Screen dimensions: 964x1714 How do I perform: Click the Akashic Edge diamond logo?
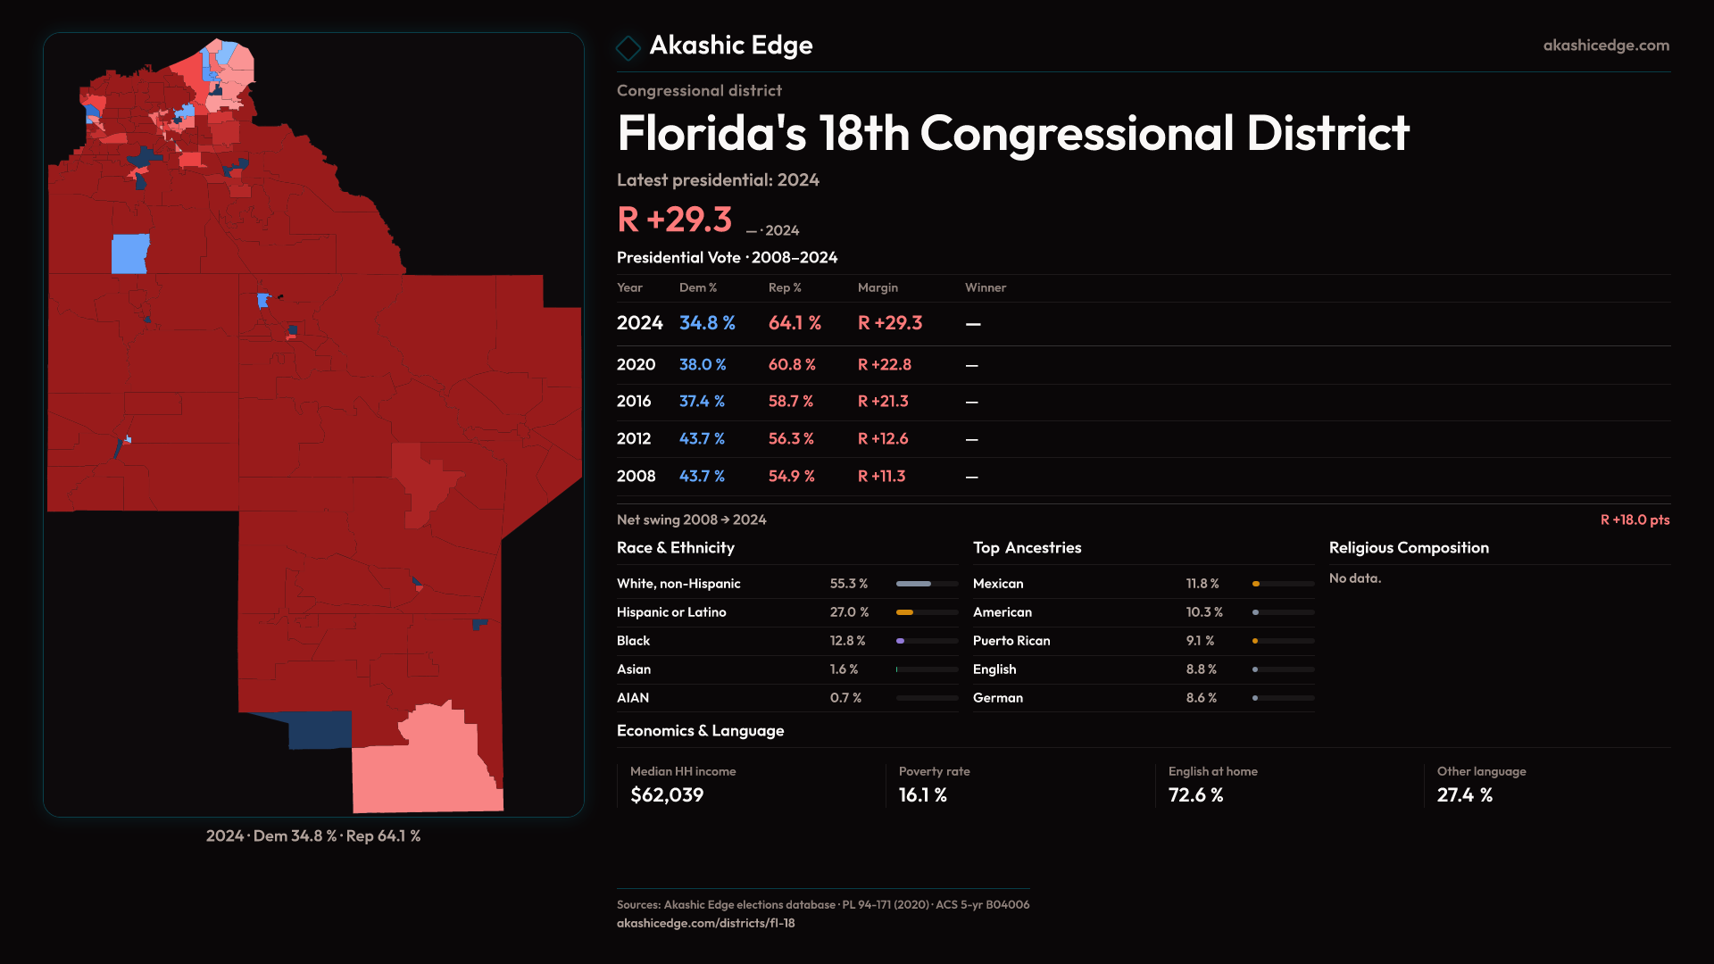point(628,47)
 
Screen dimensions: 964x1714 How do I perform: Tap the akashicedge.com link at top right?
point(1606,45)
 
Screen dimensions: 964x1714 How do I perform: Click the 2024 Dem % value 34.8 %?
point(707,323)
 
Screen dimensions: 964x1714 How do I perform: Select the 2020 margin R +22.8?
point(884,364)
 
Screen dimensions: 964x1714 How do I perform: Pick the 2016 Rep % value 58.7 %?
point(790,402)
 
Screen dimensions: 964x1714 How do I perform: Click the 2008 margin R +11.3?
point(881,476)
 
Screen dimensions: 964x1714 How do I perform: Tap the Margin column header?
point(878,287)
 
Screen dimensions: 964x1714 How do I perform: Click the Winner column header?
point(985,287)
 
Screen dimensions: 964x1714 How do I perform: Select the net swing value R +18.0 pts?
point(1635,519)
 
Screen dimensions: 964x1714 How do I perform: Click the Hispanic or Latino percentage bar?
point(927,612)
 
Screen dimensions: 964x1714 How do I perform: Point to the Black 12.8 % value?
point(847,641)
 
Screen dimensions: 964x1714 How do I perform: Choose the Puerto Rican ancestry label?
point(1011,641)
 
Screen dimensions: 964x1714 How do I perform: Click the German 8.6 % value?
point(1202,698)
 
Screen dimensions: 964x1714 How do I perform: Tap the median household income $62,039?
point(667,794)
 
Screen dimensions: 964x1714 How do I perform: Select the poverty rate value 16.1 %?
point(922,794)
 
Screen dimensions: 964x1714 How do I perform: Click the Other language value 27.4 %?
point(1464,794)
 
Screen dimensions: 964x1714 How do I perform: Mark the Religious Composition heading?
point(1409,547)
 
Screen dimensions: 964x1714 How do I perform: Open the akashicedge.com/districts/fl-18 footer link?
point(705,923)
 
